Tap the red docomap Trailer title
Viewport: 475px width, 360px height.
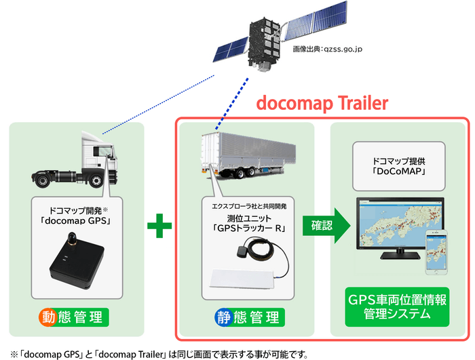pyautogui.click(x=322, y=103)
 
